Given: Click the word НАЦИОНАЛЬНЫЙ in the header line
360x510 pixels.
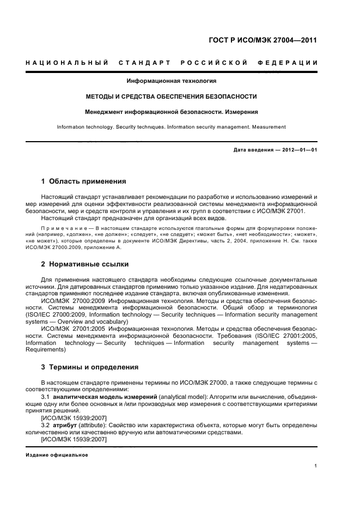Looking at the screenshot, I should point(66,63).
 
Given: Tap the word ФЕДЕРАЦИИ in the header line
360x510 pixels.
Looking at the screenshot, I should point(292,63).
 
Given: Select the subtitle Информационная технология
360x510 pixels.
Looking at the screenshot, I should point(172,81).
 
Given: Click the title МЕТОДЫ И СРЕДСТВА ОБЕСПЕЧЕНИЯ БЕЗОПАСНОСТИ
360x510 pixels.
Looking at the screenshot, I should point(172,96).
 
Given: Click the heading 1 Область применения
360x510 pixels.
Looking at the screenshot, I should point(84,181).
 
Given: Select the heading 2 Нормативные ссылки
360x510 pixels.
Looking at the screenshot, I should point(85,264).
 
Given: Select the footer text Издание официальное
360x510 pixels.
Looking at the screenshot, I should point(57,454).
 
